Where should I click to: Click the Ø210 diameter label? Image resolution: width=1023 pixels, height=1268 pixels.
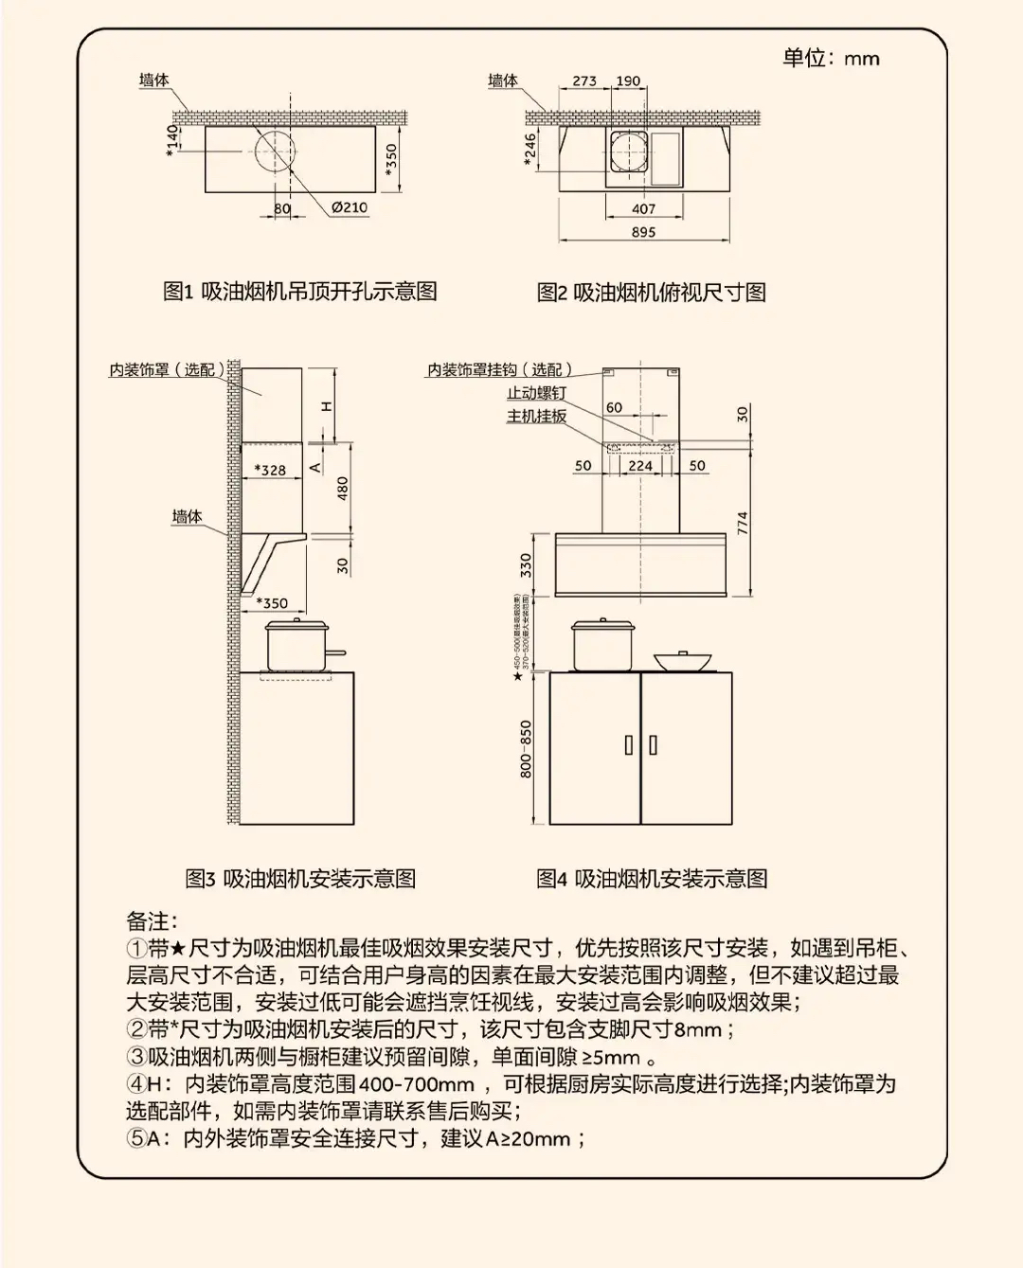click(x=349, y=207)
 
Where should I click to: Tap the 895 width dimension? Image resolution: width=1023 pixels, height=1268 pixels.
click(x=643, y=232)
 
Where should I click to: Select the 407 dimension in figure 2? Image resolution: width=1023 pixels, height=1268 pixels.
click(x=643, y=208)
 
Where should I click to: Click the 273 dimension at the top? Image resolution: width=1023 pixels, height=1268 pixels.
click(x=584, y=81)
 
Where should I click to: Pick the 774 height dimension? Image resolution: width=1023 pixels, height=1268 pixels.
click(x=743, y=523)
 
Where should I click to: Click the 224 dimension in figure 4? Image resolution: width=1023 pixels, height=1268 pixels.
click(x=640, y=466)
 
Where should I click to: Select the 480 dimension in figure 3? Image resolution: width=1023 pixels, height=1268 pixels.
click(x=343, y=488)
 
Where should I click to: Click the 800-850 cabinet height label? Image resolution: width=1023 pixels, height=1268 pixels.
click(x=527, y=749)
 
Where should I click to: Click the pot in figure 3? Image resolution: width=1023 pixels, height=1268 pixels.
click(x=297, y=646)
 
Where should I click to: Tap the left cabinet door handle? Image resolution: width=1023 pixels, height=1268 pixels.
click(x=628, y=745)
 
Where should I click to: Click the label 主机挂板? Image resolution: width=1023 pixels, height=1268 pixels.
click(x=536, y=417)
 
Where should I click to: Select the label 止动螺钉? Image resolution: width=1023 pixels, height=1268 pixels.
click(x=536, y=393)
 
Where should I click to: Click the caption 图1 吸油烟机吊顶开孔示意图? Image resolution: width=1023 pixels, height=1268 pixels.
click(x=299, y=292)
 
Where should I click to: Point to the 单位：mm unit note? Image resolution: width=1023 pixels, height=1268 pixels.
click(x=831, y=59)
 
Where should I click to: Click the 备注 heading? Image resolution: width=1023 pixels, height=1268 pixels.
click(x=152, y=921)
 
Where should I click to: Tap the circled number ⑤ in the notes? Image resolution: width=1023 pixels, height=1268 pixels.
click(x=136, y=1138)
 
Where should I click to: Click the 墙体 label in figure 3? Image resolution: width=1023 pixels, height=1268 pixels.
click(x=187, y=517)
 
